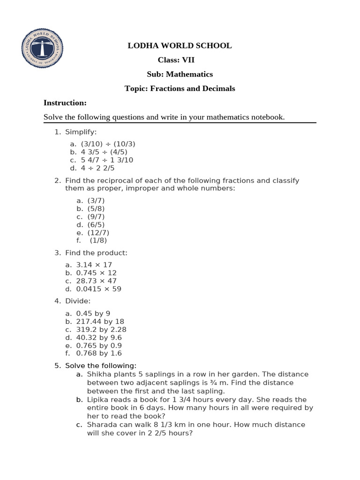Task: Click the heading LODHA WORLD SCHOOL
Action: coord(180,45)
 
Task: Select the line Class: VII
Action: coord(176,60)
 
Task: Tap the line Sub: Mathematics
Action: coord(180,74)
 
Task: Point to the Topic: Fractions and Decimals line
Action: coord(180,89)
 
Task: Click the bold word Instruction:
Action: coord(65,103)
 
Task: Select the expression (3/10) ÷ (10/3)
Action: coord(108,144)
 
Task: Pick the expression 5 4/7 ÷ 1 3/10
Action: coord(107,160)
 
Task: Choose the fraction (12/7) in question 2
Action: coord(98,232)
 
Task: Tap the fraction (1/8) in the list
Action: coord(98,240)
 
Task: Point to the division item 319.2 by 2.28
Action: coord(101,329)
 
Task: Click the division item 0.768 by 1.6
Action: coord(99,353)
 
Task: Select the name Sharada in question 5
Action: coord(101,425)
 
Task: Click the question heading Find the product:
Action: coord(96,253)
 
